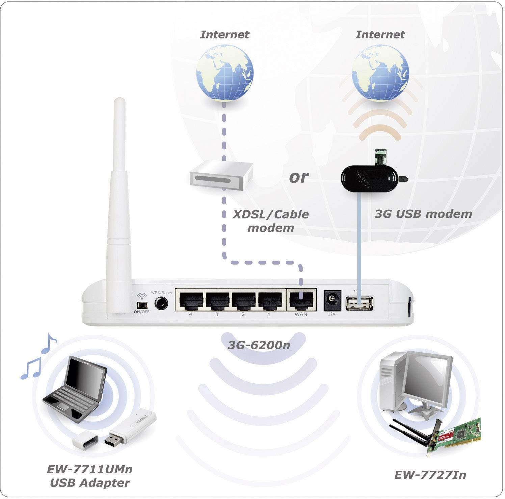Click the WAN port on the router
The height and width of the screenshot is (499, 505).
click(x=301, y=300)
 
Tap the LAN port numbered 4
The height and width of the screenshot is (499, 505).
click(x=191, y=300)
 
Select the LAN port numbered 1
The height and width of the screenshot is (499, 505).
click(x=269, y=300)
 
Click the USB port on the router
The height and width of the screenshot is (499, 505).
click(x=359, y=303)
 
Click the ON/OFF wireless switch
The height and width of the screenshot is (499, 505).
click(x=141, y=305)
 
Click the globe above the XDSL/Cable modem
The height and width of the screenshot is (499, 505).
click(x=225, y=72)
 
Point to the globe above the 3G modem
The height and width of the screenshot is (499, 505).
click(x=380, y=72)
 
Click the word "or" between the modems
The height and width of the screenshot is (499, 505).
click(x=299, y=177)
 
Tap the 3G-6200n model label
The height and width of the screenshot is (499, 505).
click(x=259, y=345)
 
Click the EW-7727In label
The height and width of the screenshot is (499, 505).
click(x=430, y=475)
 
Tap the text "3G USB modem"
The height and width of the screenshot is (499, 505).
click(x=423, y=214)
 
